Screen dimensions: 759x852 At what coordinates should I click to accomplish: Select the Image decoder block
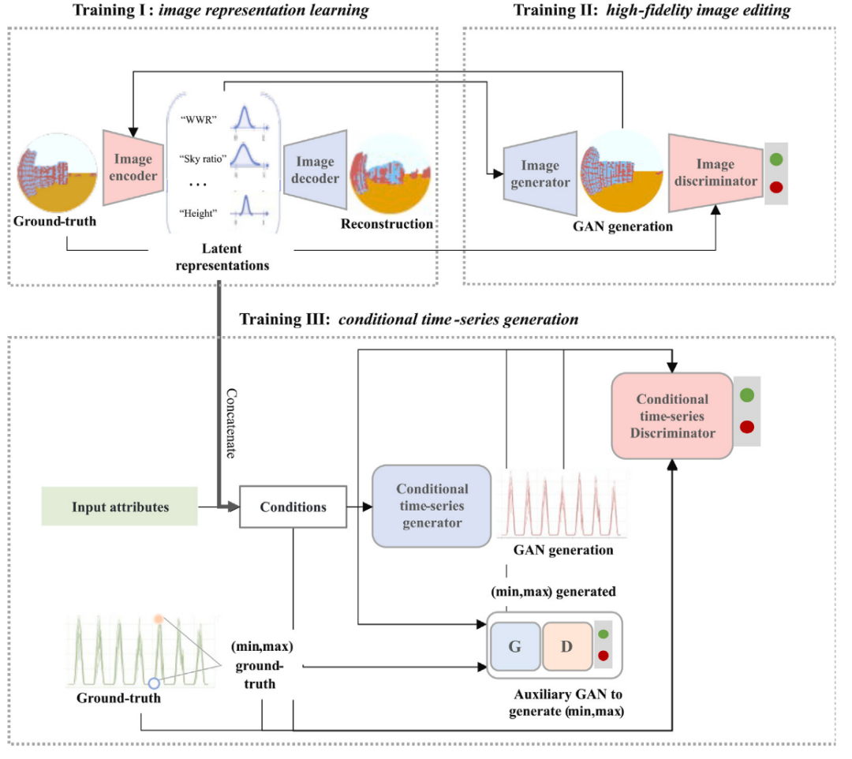[315, 169]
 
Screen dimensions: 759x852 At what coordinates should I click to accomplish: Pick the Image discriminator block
[715, 173]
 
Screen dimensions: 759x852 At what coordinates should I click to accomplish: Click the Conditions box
[292, 507]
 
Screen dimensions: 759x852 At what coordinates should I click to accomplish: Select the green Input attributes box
[120, 507]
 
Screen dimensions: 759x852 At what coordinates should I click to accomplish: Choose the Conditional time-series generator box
[432, 506]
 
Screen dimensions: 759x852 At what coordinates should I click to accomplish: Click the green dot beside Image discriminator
[776, 159]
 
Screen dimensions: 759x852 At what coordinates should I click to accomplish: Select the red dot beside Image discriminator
[776, 188]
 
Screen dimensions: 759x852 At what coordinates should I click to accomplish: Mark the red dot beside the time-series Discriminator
[746, 427]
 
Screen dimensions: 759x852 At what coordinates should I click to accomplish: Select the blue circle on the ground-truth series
[154, 683]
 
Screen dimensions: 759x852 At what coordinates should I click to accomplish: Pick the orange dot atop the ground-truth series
[159, 619]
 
